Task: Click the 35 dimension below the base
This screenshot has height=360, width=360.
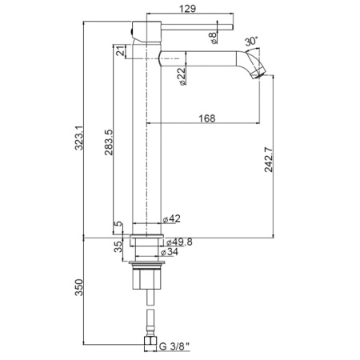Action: [119, 247]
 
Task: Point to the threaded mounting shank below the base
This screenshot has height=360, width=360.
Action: [148, 280]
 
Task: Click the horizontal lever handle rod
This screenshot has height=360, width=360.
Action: [192, 26]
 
